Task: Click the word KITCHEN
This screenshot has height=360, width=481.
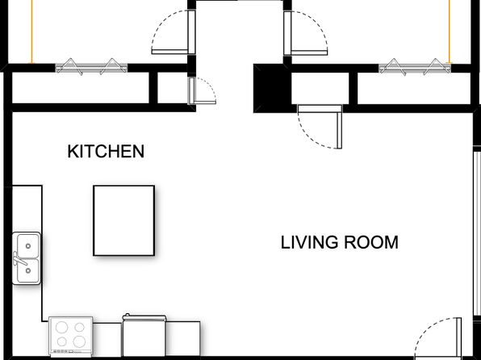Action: click(x=106, y=151)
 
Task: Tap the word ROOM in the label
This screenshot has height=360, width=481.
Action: click(x=373, y=242)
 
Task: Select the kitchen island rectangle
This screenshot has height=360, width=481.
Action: click(x=123, y=220)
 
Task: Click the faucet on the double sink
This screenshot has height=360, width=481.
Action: click(x=16, y=259)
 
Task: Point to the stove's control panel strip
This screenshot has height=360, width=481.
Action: click(x=72, y=354)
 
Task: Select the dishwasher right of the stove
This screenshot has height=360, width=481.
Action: click(x=144, y=337)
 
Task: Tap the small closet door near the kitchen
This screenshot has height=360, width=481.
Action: click(x=192, y=90)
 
